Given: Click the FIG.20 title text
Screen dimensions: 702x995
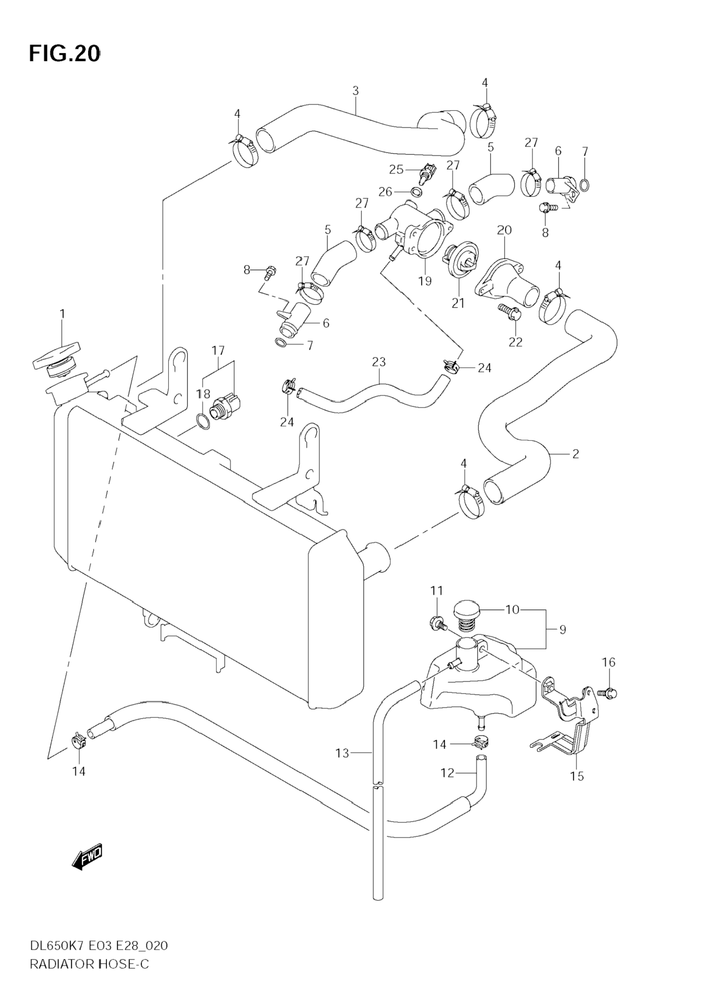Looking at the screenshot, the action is click(65, 54).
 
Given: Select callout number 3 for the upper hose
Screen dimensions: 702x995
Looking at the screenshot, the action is click(355, 91).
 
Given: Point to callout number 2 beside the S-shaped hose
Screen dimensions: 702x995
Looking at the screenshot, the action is click(576, 454).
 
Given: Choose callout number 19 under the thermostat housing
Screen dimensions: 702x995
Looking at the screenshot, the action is click(425, 281).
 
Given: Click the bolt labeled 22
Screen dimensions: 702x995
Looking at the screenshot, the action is click(510, 312).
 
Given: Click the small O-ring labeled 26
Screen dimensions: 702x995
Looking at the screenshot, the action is click(416, 191).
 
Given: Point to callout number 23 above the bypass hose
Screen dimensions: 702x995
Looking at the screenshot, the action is click(379, 362).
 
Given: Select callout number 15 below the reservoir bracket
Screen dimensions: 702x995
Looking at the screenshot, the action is click(577, 776).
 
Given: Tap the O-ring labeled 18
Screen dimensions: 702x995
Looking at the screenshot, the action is click(203, 421).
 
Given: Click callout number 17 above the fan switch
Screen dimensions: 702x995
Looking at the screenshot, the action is click(218, 350).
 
